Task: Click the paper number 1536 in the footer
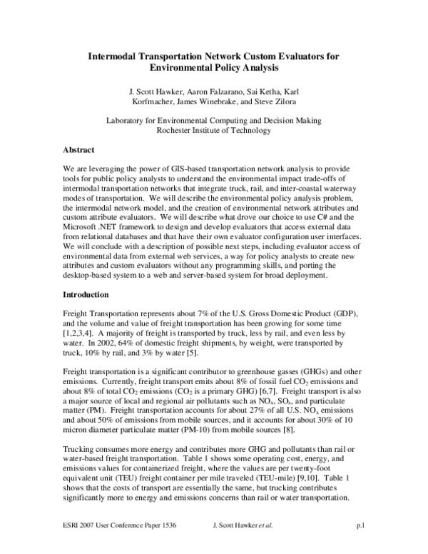click(166, 545)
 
